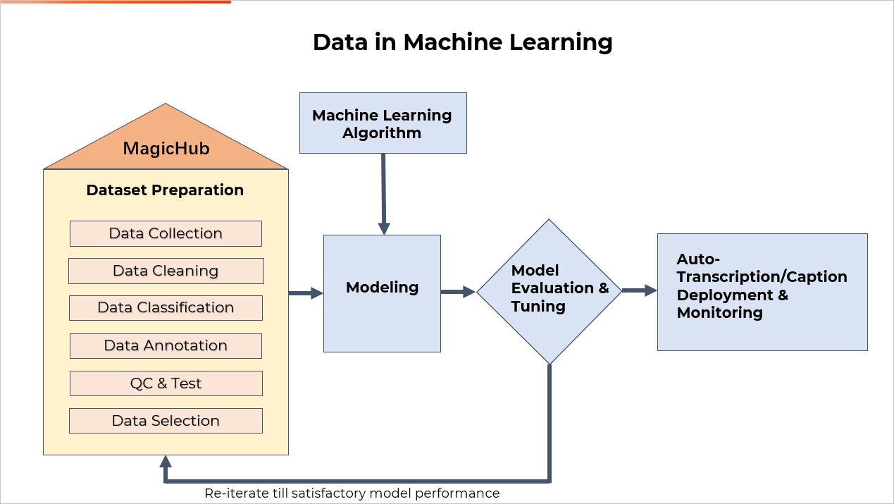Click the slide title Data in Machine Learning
[463, 43]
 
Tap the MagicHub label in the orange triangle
[166, 149]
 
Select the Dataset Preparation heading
[165, 190]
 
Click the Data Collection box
[166, 233]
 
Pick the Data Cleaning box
[166, 271]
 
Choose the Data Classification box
[166, 308]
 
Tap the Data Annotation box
[166, 346]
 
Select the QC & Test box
[166, 383]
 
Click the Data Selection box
[166, 421]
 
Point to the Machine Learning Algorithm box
[383, 123]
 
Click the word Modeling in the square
[383, 288]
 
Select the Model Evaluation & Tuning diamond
[550, 292]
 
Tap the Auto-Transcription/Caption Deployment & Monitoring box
[762, 292]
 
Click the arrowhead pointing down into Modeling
[384, 229]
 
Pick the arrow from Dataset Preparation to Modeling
[306, 293]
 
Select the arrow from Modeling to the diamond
[458, 292]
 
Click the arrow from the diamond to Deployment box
[640, 290]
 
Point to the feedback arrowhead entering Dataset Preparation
[166, 461]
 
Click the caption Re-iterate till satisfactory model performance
[352, 493]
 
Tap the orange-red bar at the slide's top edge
[116, 2]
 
